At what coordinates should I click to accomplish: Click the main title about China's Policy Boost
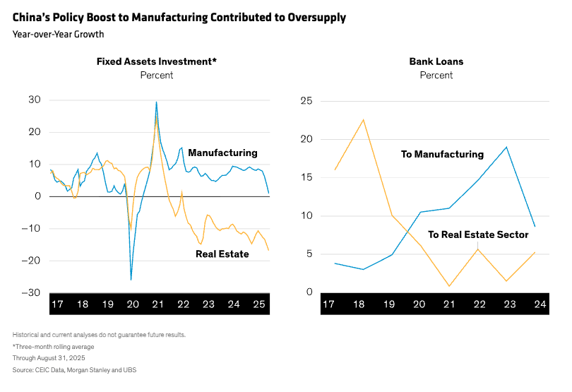click(179, 17)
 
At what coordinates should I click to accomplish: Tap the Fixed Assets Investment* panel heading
click(157, 61)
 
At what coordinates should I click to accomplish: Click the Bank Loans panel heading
click(436, 61)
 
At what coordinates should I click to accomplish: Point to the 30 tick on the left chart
click(35, 100)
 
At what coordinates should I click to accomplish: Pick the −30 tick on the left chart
click(32, 292)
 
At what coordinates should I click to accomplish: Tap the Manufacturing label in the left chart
click(222, 153)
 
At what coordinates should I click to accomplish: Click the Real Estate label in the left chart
click(222, 254)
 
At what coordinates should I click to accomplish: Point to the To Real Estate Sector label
click(478, 234)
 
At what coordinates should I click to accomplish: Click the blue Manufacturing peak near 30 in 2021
click(156, 102)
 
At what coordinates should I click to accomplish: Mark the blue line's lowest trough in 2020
click(131, 280)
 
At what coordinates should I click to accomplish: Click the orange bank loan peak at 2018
click(363, 119)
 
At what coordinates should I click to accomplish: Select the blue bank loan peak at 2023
click(506, 147)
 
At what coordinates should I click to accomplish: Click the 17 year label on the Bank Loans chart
click(328, 304)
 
